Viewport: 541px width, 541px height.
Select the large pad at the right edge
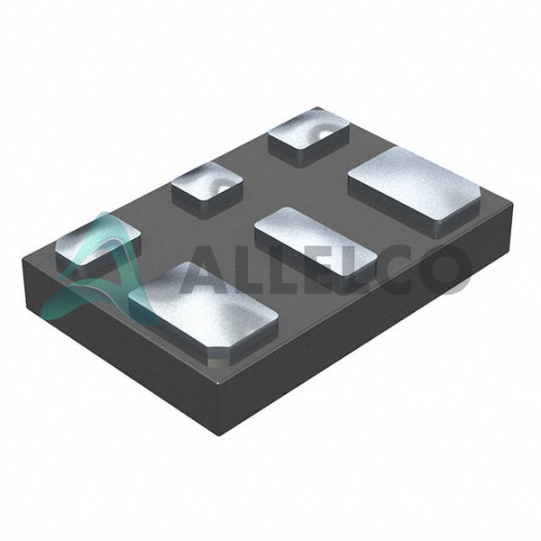pos(414,191)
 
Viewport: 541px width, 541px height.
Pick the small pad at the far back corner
pos(308,136)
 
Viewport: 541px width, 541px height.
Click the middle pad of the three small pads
pos(207,189)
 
